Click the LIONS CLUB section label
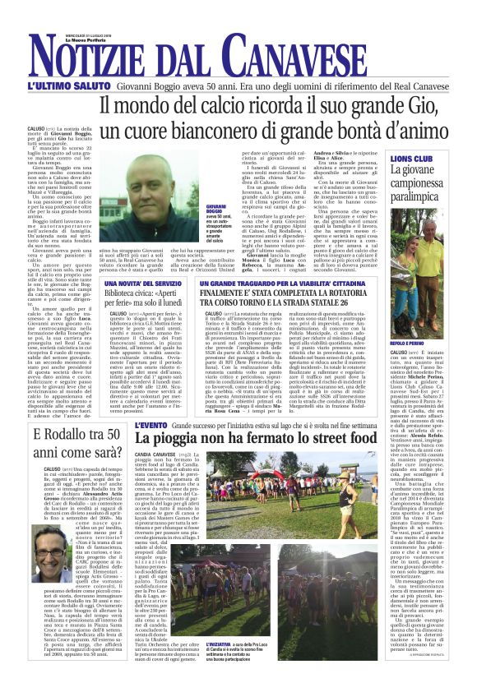[x=412, y=158]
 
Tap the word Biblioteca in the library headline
[x=123, y=293]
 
